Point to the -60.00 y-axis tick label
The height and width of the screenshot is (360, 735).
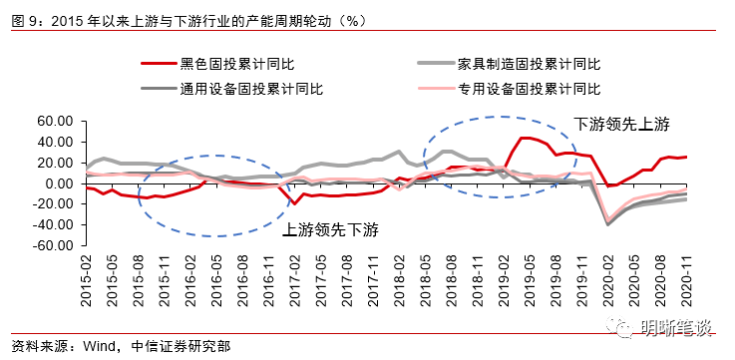[54, 246]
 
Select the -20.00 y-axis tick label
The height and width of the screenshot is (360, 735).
[54, 204]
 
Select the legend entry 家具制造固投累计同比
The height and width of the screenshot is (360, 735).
[530, 64]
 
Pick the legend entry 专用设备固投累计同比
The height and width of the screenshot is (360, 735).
[530, 88]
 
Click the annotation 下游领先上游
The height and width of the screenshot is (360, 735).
[621, 125]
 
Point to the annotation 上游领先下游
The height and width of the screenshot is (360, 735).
[331, 228]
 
